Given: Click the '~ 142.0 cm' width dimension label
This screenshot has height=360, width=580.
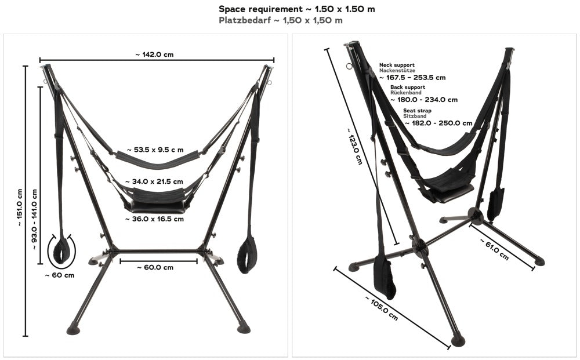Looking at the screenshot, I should point(155,54).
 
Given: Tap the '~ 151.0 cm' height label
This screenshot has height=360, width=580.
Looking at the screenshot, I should point(19,208).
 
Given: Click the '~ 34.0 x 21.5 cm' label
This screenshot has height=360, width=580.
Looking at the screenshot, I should point(157,181).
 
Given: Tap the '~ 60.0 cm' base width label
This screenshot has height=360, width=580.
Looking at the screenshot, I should point(155,267).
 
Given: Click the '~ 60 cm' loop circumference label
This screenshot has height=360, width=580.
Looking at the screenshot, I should point(59,275).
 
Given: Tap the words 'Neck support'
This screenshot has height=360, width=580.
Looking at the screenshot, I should point(397,66).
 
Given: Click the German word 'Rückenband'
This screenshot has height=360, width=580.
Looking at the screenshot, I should point(406,93).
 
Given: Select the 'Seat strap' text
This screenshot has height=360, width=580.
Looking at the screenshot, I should point(417,111).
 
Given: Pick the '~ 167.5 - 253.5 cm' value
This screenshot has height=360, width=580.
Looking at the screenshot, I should point(412,77).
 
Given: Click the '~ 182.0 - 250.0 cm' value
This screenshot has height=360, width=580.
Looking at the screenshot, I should point(438,123).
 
